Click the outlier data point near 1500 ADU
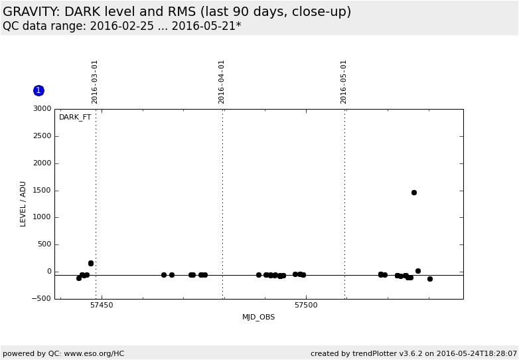[x=414, y=193]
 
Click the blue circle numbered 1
[x=38, y=90]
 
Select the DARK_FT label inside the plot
[x=75, y=118]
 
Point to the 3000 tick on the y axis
[x=42, y=109]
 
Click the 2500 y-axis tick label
[x=42, y=136]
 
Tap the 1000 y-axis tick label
[x=42, y=217]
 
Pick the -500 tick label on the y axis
[x=41, y=299]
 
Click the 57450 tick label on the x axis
[x=102, y=306]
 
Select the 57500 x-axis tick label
[x=306, y=306]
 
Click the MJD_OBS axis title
[x=258, y=317]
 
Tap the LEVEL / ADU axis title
[x=23, y=204]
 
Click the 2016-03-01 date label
[x=95, y=82]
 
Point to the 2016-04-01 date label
[x=222, y=82]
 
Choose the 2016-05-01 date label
[x=344, y=82]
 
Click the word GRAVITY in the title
[x=31, y=12]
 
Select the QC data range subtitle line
[x=122, y=27]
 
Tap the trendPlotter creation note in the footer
[x=413, y=353]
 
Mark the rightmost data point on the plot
[x=430, y=279]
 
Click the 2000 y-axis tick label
[x=42, y=163]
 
